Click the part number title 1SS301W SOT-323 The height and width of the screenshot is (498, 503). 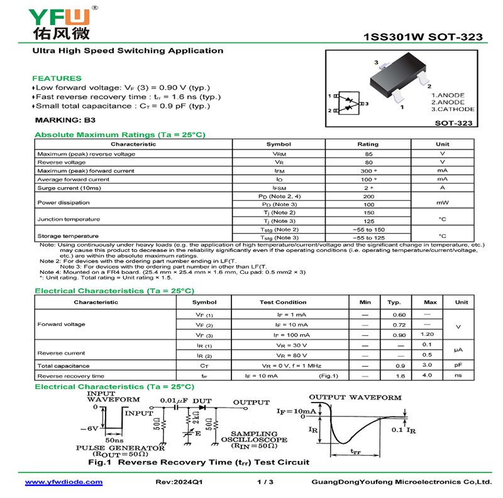click(x=423, y=37)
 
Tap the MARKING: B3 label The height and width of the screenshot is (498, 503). click(x=65, y=119)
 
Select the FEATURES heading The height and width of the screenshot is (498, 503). click(x=57, y=78)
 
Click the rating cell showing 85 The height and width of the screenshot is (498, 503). click(x=368, y=154)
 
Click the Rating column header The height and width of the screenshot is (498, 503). click(x=368, y=144)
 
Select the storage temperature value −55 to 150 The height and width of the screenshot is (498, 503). click(x=368, y=230)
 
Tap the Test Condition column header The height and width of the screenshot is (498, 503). click(x=283, y=302)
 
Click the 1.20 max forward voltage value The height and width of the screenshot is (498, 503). click(x=428, y=334)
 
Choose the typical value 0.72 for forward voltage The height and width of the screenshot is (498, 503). click(x=399, y=325)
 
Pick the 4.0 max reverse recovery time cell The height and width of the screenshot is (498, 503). click(x=428, y=376)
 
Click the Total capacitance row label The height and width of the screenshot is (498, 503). click(x=64, y=365)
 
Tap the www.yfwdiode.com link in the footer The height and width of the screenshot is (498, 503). click(x=64, y=482)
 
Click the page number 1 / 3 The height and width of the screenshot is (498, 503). click(x=266, y=482)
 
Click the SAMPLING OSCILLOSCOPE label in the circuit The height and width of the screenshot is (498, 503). click(x=254, y=437)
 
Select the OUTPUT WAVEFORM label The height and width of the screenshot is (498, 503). click(x=355, y=398)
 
